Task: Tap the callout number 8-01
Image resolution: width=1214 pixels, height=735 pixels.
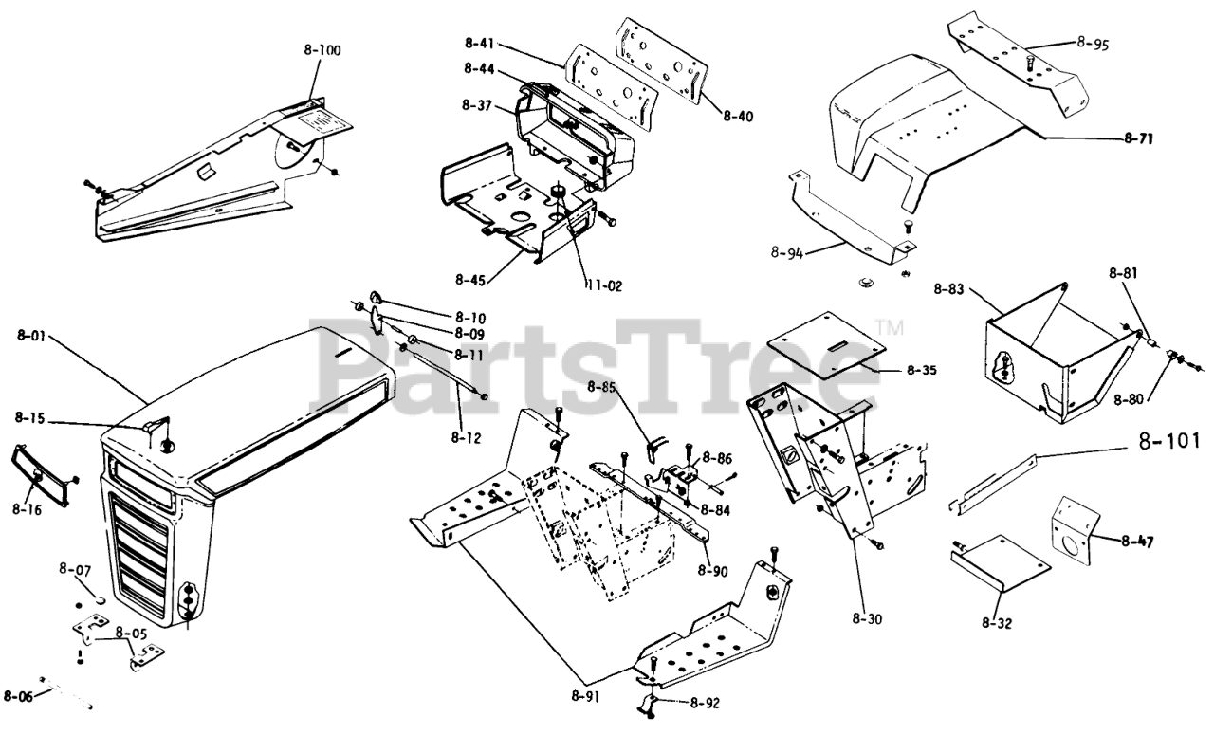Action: pos(32,334)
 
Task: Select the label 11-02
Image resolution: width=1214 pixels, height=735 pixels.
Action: pos(603,284)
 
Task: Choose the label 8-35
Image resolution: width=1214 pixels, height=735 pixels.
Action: pos(919,369)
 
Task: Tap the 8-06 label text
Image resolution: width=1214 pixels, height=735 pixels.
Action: pos(18,696)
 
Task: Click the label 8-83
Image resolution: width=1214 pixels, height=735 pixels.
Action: pos(951,288)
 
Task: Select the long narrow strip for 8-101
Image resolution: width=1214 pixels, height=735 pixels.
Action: pos(996,484)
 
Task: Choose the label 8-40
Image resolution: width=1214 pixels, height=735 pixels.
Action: pos(737,117)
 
